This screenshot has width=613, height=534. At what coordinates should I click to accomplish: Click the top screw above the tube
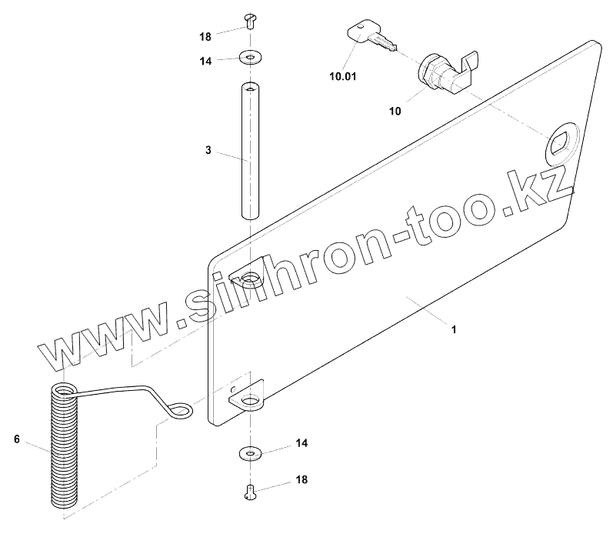[x=249, y=19]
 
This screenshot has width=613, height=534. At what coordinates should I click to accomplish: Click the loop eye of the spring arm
[x=182, y=412]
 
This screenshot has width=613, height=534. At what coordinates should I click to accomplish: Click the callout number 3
[x=208, y=150]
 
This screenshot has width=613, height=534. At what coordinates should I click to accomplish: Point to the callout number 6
[x=15, y=439]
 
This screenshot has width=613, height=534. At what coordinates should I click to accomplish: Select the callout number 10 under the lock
[x=395, y=111]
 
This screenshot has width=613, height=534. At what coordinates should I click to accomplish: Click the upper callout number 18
[x=205, y=36]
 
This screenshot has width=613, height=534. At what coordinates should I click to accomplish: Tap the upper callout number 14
[x=205, y=60]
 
